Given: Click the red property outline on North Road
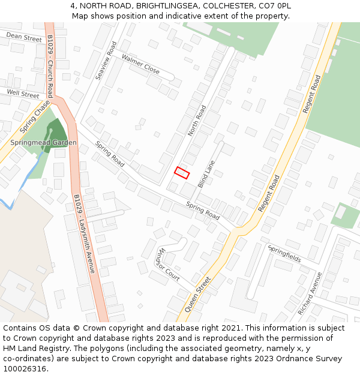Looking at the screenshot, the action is [x=182, y=173].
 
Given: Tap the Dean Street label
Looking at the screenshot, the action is [x=24, y=37].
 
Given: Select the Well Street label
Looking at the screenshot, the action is [x=23, y=94].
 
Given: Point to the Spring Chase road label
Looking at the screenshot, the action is [x=35, y=116].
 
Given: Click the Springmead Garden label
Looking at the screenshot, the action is [x=43, y=143].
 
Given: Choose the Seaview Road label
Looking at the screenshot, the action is [x=106, y=60].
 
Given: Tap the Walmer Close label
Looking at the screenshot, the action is [x=140, y=64].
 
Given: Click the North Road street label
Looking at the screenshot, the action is [x=196, y=121].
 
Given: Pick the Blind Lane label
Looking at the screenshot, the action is [x=206, y=174].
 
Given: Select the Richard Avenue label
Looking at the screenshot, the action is [x=310, y=293].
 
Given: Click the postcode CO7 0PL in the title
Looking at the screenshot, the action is [x=277, y=5].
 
